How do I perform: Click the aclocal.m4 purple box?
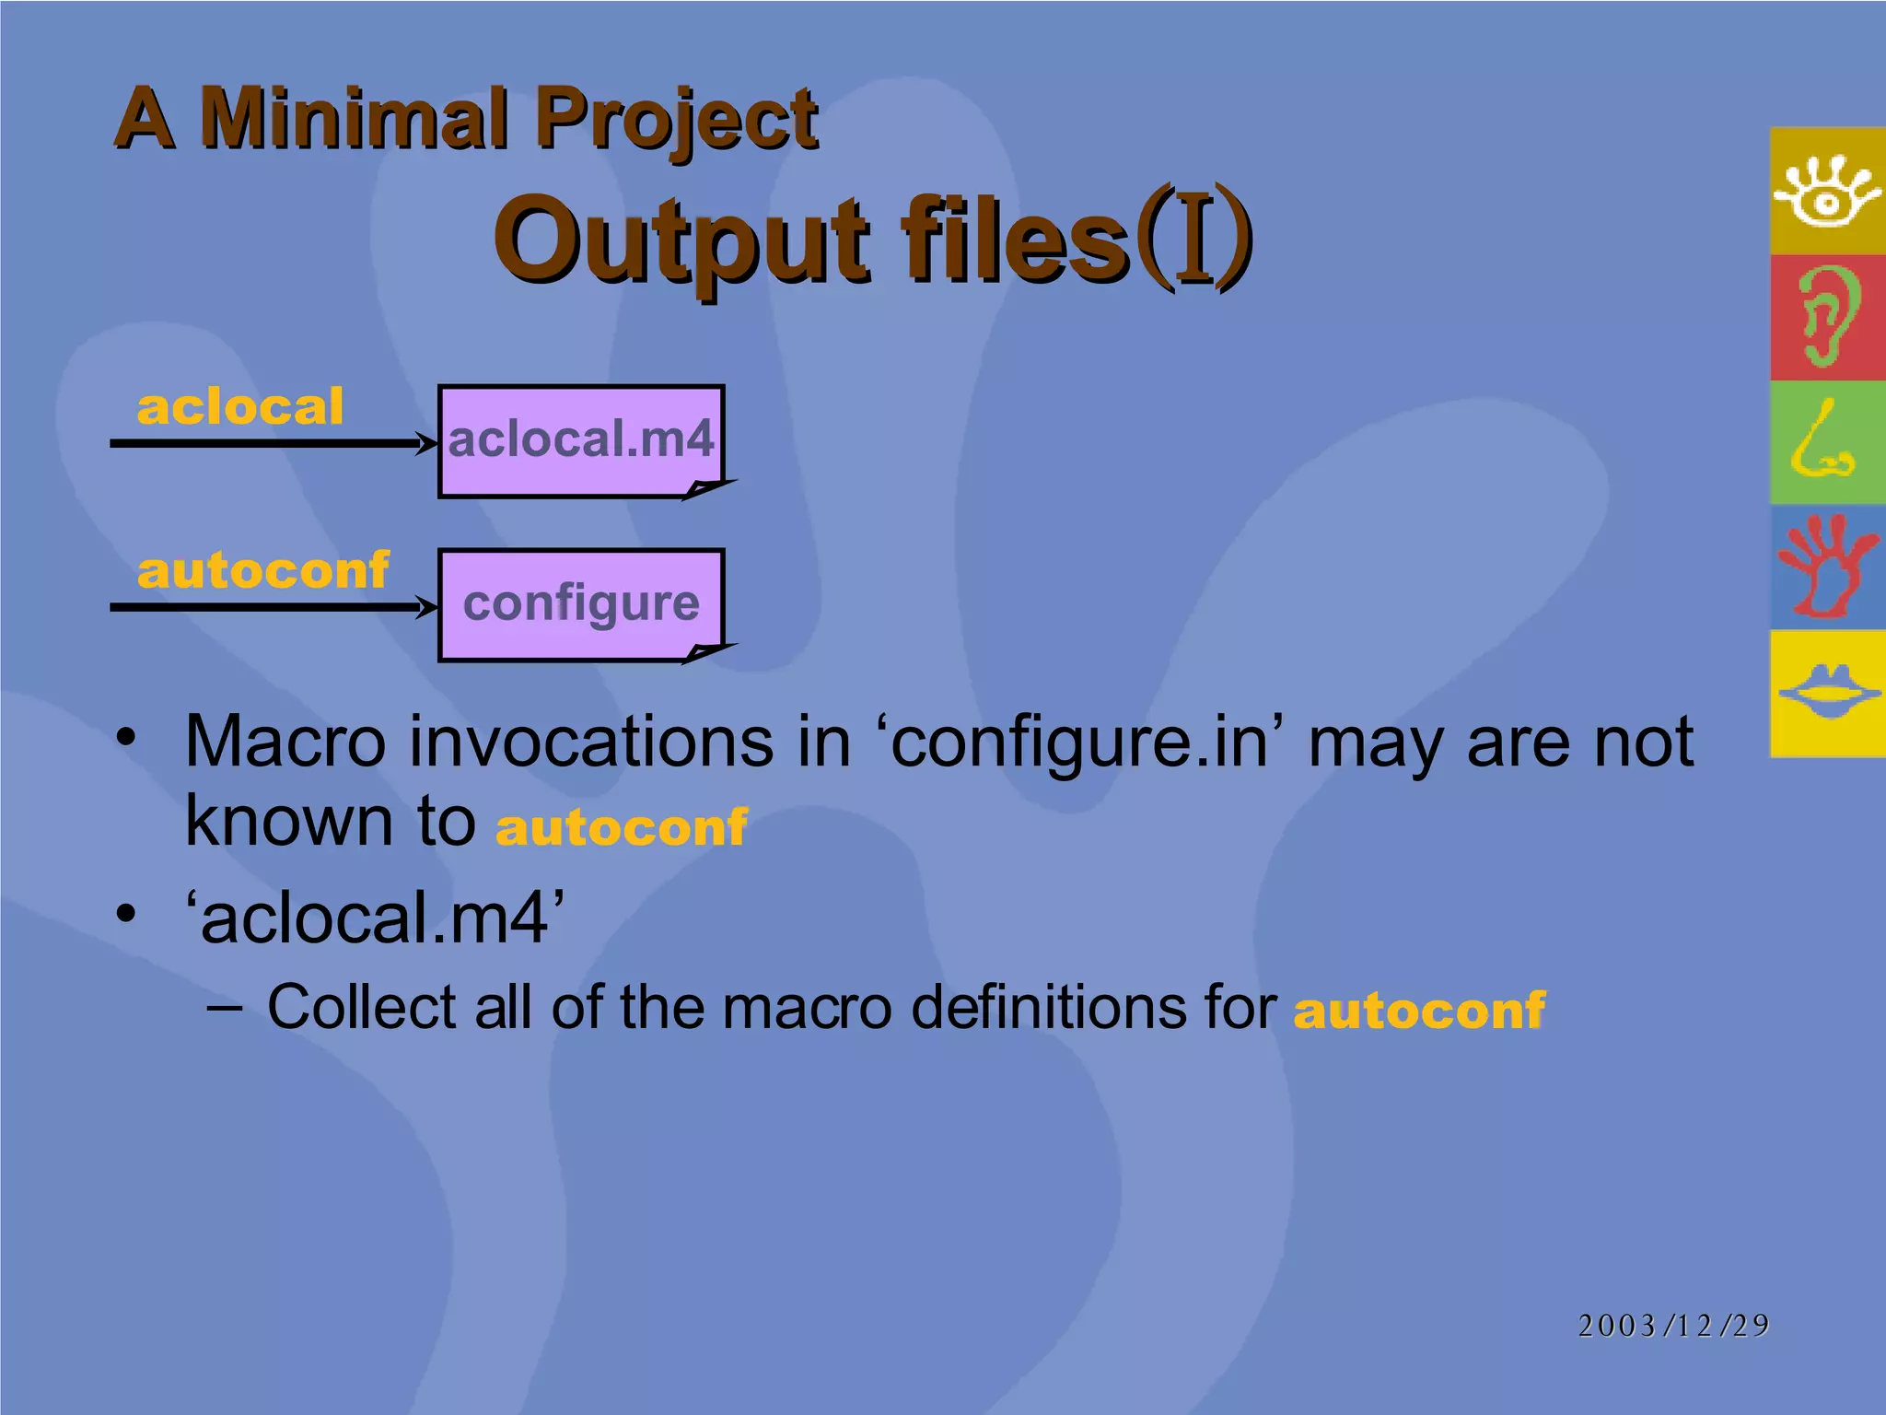[581, 440]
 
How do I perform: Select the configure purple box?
[581, 604]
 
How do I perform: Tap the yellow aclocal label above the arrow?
[239, 407]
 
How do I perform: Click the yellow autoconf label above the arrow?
[262, 570]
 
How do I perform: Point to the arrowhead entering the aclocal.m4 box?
[427, 444]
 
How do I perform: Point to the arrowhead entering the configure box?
[427, 607]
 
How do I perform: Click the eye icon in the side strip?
[1827, 191]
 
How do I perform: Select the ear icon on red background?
[1827, 317]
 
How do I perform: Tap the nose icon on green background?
[1823, 442]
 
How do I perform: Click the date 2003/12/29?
[1673, 1325]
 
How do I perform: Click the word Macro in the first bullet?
[285, 742]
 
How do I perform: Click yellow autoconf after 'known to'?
[622, 826]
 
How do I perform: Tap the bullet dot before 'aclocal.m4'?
[126, 914]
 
